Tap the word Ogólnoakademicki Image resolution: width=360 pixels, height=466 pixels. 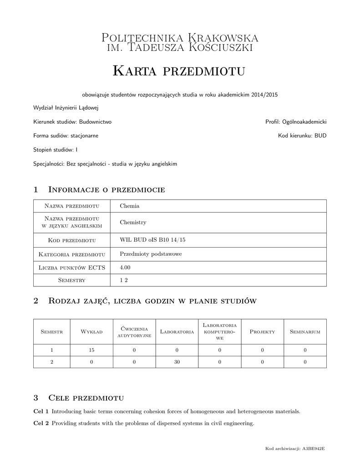pyautogui.click(x=304, y=122)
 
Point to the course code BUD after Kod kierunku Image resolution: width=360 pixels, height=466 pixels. pyautogui.click(x=320, y=136)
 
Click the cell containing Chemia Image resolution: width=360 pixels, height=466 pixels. pyautogui.click(x=130, y=206)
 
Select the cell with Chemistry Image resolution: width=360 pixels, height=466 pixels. pyautogui.click(x=133, y=223)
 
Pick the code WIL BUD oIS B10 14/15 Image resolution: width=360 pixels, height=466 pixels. pyautogui.click(x=149, y=240)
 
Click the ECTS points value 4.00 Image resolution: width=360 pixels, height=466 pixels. pyautogui.click(x=125, y=268)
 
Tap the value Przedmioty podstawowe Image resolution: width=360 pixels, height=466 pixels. pyautogui.click(x=151, y=254)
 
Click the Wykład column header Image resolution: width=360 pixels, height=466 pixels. pyautogui.click(x=91, y=332)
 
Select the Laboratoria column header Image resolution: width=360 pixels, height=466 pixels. pyautogui.click(x=177, y=332)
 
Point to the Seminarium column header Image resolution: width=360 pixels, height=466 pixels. pyautogui.click(x=305, y=332)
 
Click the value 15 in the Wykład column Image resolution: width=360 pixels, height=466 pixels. pyautogui.click(x=91, y=350)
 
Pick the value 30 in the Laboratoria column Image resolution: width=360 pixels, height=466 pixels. pyautogui.click(x=177, y=362)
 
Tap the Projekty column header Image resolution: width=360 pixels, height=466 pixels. pyautogui.click(x=263, y=332)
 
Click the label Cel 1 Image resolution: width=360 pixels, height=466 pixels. pyautogui.click(x=41, y=411)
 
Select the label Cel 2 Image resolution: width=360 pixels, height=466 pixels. pyautogui.click(x=41, y=423)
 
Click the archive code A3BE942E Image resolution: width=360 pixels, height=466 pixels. pyautogui.click(x=314, y=449)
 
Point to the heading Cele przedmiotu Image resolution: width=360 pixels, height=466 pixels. pyautogui.click(x=86, y=398)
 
